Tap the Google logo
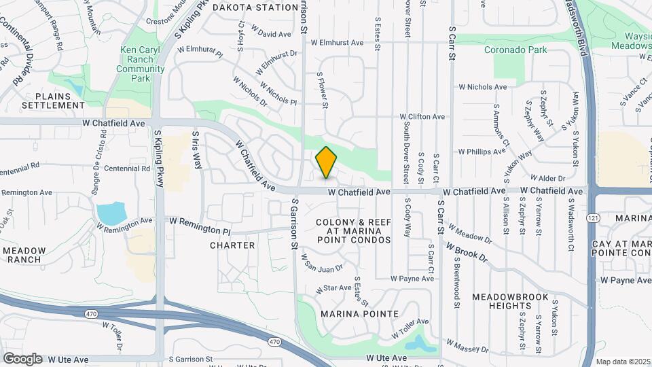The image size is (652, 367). tap(22, 359)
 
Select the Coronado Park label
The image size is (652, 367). tap(515, 50)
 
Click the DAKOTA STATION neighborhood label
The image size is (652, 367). tap(246, 7)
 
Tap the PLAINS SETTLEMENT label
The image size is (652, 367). tap(53, 101)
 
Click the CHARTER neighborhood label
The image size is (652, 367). tap(232, 245)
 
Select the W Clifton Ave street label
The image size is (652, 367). tap(422, 117)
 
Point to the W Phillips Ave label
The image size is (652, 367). tap(482, 152)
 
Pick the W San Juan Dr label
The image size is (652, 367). tap(323, 260)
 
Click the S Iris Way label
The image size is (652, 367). tap(197, 150)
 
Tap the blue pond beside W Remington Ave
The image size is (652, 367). tap(111, 213)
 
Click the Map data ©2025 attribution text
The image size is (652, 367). tap(623, 362)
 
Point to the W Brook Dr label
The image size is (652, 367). tap(467, 253)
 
